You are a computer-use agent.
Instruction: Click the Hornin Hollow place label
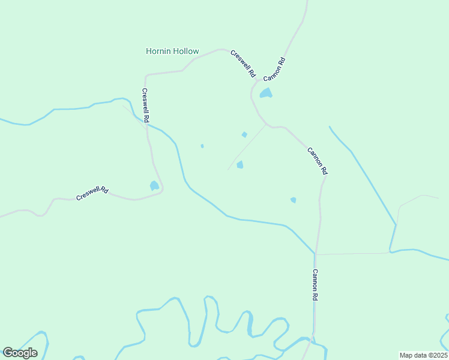pos(172,51)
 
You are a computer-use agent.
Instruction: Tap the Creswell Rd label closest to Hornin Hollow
pos(243,65)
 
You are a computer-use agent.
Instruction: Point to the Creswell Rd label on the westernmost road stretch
pos(92,193)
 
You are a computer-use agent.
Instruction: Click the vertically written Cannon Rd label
pos(315,284)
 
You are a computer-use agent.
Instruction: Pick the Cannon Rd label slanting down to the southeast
pos(318,161)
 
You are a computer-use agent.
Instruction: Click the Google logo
pos(20,353)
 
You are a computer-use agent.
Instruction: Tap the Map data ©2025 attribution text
pos(423,355)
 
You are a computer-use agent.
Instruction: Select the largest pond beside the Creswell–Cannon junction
pos(265,93)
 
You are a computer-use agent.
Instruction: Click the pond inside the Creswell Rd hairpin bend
pos(154,185)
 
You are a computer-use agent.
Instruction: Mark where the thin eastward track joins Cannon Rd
pos(316,254)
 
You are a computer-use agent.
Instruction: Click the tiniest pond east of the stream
pos(202,146)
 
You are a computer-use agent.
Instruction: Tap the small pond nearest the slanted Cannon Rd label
pos(294,200)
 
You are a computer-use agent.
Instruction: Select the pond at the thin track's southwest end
pos(240,164)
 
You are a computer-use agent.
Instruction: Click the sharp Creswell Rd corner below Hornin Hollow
pos(145,76)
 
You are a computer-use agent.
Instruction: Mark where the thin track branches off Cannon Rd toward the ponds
pos(266,124)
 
